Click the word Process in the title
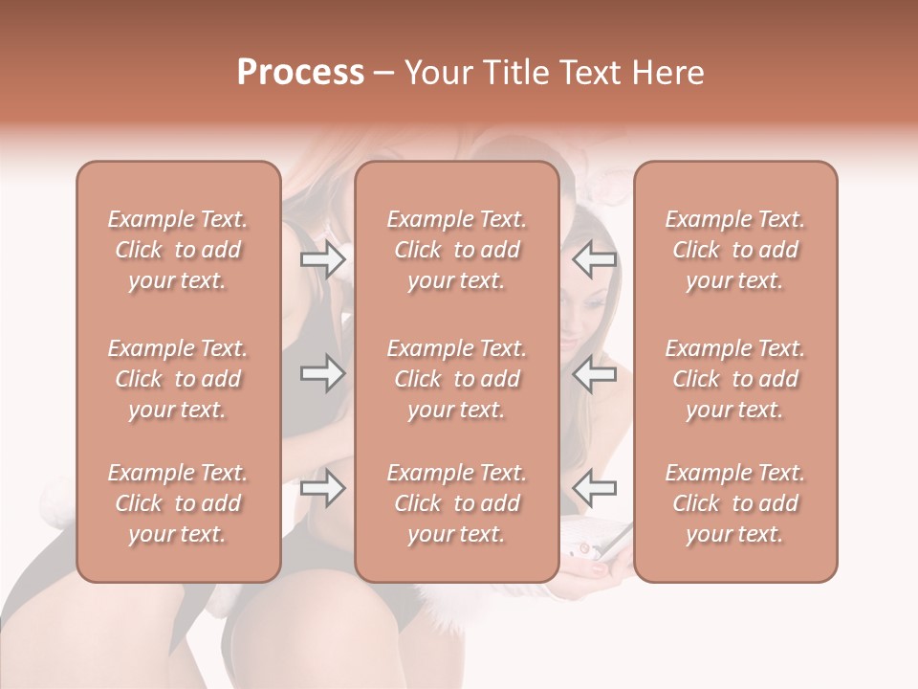tap(300, 73)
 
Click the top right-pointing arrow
tap(322, 259)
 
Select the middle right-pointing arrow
tap(322, 373)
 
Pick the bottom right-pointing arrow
tap(322, 489)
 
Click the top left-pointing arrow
tap(594, 259)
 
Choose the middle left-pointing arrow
tap(594, 373)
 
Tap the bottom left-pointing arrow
tap(594, 489)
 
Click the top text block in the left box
tap(178, 250)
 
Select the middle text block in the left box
tap(178, 379)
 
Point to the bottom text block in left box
tap(178, 503)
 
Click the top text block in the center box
tap(456, 250)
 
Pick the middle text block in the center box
tap(456, 379)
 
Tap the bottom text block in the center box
tap(456, 503)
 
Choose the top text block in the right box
tap(734, 250)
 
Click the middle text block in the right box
tap(734, 379)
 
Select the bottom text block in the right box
tap(734, 503)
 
